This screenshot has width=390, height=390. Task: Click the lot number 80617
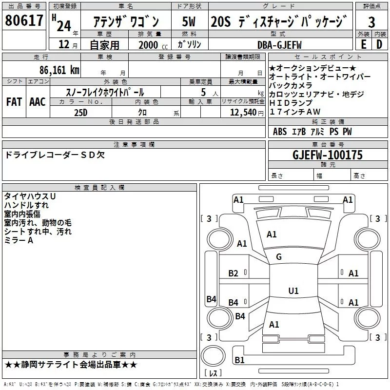click(x=24, y=21)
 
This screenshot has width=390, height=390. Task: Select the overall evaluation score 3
click(x=371, y=22)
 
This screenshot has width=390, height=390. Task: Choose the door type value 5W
click(x=189, y=22)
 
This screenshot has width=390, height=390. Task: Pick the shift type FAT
click(x=14, y=101)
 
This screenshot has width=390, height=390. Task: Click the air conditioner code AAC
click(x=37, y=101)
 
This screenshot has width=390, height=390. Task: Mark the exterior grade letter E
click(x=363, y=44)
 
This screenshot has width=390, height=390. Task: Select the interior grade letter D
click(x=379, y=44)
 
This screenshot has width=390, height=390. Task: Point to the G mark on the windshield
click(x=279, y=257)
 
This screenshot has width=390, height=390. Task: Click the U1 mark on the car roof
click(x=293, y=291)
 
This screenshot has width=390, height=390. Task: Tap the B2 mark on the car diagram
click(x=234, y=273)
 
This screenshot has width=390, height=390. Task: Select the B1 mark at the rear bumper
click(x=239, y=360)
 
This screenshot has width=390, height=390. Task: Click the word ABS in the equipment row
click(x=280, y=132)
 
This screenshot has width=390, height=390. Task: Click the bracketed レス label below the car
click(x=213, y=374)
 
